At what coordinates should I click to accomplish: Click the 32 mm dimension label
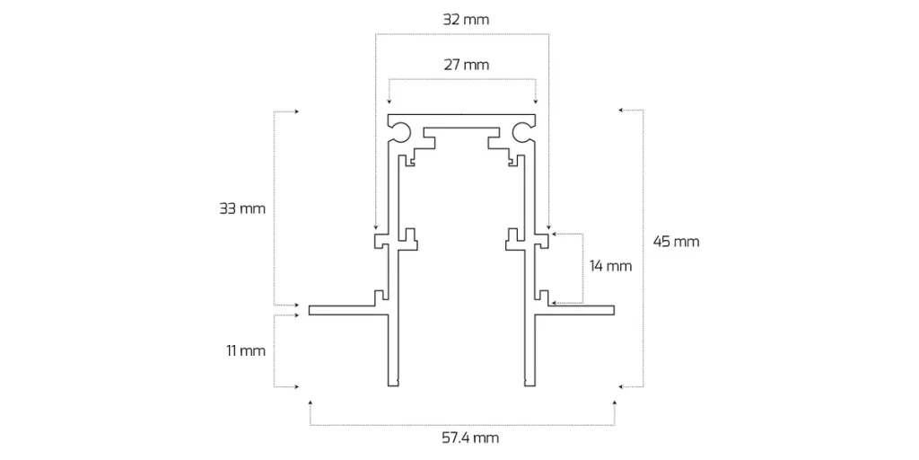click(466, 20)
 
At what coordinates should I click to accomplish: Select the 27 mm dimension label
click(466, 65)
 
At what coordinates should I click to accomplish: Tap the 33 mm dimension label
click(242, 208)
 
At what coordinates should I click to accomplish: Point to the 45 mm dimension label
click(676, 241)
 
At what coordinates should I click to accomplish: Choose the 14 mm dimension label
click(610, 266)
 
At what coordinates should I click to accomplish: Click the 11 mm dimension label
click(246, 351)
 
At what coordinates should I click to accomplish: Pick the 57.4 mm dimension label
click(471, 438)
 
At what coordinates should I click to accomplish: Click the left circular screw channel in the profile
click(403, 133)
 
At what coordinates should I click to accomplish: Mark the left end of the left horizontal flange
click(310, 310)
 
